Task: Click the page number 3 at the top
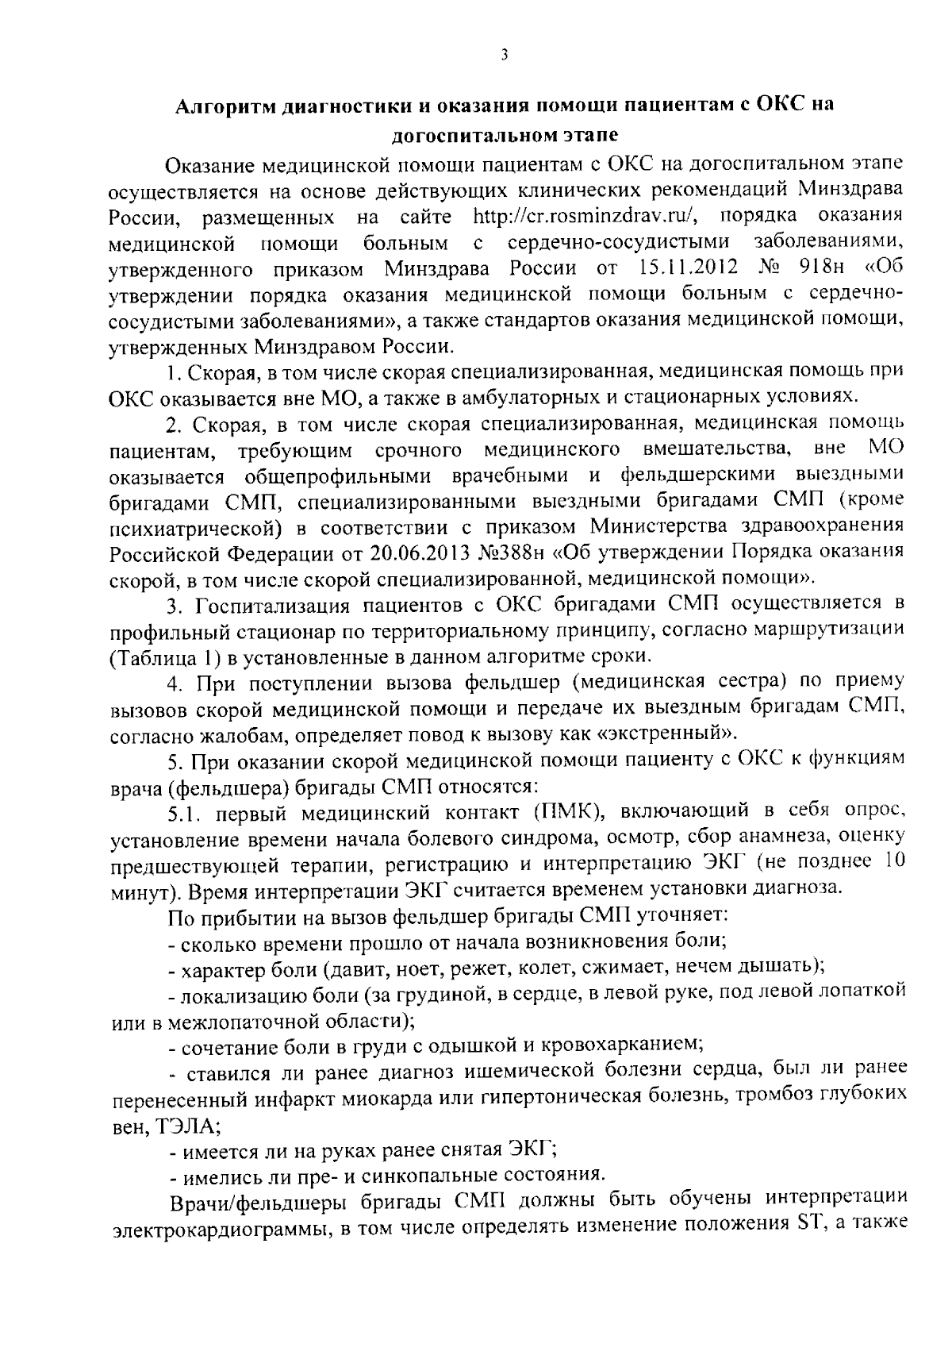pyautogui.click(x=504, y=55)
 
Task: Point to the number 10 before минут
pyautogui.click(x=893, y=862)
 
